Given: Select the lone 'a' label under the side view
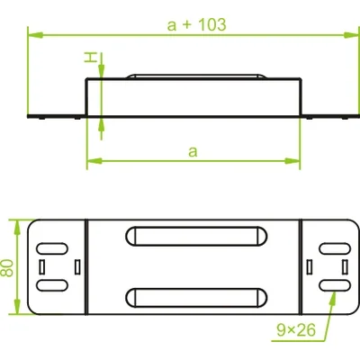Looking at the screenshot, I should point(192,151).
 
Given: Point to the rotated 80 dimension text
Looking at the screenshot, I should point(8,267).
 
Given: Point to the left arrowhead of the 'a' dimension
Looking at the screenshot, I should point(91,162).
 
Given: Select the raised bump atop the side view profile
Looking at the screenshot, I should point(197,76).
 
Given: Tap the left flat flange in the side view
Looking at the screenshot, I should point(57,116).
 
